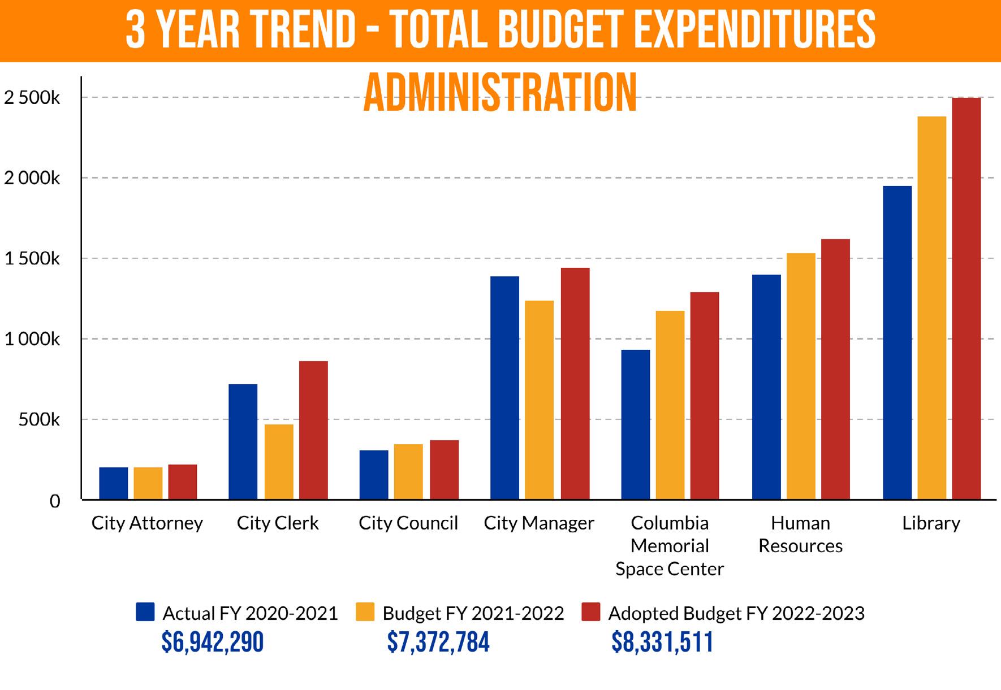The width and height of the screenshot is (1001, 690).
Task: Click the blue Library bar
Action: click(897, 342)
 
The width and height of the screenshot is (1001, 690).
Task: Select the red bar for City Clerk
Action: click(313, 430)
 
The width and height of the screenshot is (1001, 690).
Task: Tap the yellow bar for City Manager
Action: click(539, 400)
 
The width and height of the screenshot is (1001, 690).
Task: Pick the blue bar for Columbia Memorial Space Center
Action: click(635, 424)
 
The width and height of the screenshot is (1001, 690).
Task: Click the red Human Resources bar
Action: click(835, 369)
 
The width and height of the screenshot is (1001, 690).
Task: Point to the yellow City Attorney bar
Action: click(148, 483)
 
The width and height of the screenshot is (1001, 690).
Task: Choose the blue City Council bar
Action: click(373, 475)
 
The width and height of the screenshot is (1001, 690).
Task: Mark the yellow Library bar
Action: click(931, 308)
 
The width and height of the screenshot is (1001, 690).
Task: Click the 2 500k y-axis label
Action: click(32, 98)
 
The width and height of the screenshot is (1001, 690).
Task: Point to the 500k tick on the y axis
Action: click(38, 420)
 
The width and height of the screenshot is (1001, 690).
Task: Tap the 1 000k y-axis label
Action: click(32, 340)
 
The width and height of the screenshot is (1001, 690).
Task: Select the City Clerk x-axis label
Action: click(278, 523)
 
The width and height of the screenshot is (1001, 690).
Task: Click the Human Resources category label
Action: click(800, 535)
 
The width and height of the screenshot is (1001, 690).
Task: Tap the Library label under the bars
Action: click(931, 523)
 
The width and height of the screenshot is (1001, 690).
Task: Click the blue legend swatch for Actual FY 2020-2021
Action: click(145, 612)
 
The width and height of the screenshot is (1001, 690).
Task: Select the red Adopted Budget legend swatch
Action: click(591, 612)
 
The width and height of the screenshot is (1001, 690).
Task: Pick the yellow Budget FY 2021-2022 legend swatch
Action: click(365, 612)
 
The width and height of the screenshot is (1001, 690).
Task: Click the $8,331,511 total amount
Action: click(662, 643)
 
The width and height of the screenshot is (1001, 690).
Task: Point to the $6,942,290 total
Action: click(213, 643)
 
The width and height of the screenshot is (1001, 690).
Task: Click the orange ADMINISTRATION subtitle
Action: click(500, 93)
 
